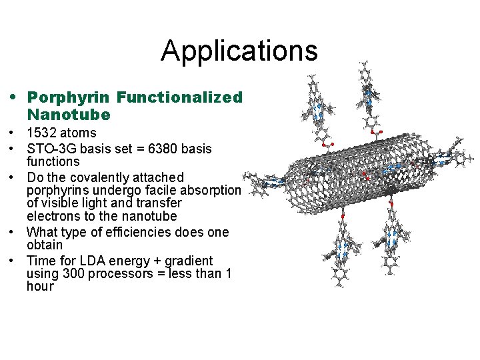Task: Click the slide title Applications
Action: pyautogui.click(x=239, y=51)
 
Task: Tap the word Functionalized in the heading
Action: pyautogui.click(x=179, y=97)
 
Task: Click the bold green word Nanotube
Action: pyautogui.click(x=69, y=115)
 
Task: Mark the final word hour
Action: pyautogui.click(x=40, y=287)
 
